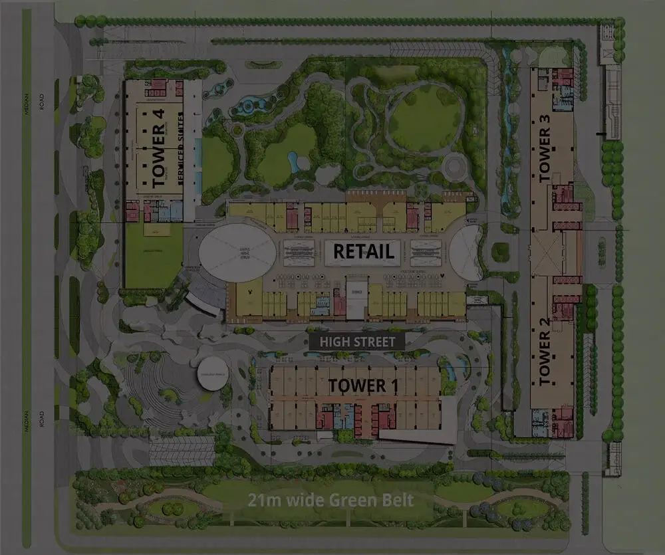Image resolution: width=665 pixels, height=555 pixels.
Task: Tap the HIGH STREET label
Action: tap(357, 342)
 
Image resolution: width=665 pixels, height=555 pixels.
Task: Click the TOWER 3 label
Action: tap(545, 149)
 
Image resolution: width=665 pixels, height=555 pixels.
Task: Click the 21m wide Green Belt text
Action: tap(331, 500)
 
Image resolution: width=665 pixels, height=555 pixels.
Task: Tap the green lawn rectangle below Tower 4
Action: tap(154, 255)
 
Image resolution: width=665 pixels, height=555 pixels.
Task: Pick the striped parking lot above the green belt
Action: tap(182, 451)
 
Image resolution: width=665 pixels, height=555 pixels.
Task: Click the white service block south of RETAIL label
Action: tap(356, 300)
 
